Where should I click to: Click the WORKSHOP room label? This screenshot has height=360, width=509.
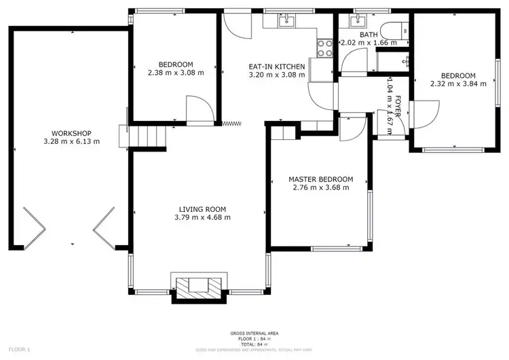coord(71,133)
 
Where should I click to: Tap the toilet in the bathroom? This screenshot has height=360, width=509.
coord(392,31)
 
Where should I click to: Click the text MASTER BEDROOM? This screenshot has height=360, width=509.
coord(320,179)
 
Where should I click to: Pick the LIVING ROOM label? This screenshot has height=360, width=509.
coord(202,209)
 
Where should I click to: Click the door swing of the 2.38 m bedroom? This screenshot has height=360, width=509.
coord(197,109)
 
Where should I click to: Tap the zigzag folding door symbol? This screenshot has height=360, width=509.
coord(232,123)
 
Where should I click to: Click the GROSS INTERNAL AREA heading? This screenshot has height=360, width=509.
coord(254,333)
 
